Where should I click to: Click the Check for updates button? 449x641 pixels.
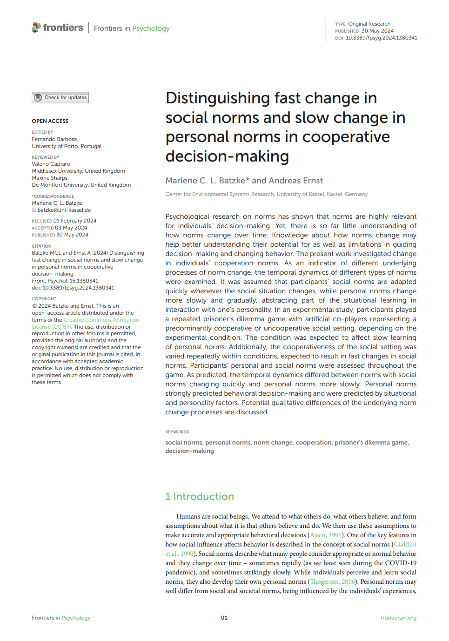point(60,98)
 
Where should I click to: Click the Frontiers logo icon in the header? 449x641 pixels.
point(36,27)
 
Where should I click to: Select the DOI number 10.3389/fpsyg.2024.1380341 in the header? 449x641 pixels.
point(381,38)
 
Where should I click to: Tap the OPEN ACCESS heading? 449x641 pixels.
point(50,121)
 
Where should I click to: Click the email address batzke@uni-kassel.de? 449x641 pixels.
point(64,210)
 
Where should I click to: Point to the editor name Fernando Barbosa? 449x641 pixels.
point(54,139)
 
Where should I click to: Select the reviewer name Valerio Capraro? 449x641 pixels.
point(51,164)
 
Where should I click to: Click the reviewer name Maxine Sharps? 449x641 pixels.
point(50,178)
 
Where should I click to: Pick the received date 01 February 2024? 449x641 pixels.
point(75,221)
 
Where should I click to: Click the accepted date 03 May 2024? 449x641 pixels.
point(71,228)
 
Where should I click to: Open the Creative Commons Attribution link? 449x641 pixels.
point(101,320)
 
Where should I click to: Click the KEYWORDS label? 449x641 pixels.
point(177,432)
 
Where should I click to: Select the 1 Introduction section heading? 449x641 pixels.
point(200,496)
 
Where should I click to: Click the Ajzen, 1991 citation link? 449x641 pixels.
point(326,535)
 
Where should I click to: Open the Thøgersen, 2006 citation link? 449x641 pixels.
point(333,581)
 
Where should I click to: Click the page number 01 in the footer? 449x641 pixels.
point(224,618)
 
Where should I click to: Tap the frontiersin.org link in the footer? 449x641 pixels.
point(398,618)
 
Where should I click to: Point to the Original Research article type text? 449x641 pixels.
point(369,24)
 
